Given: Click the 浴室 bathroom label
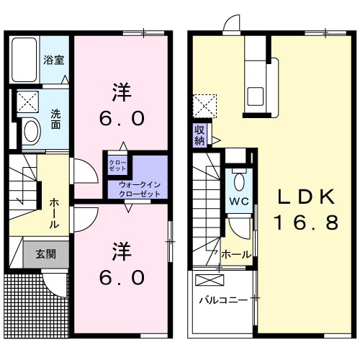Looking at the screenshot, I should (54, 60).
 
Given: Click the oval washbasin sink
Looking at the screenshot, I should (31, 131).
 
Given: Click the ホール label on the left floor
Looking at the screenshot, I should (54, 214).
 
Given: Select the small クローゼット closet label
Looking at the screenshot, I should (117, 165).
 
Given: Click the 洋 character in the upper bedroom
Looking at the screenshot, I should (122, 91).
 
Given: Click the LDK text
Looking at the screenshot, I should (303, 197).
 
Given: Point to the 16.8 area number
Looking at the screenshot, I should (305, 223).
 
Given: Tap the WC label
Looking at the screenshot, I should (239, 201).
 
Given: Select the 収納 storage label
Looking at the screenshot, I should (199, 134).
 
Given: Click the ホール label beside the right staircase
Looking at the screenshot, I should (236, 254).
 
